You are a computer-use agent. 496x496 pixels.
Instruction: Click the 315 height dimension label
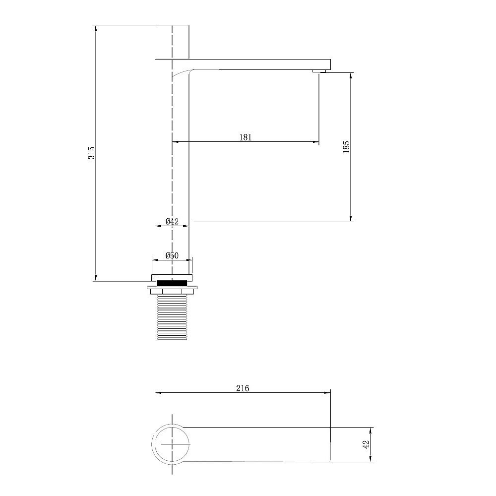click(91, 152)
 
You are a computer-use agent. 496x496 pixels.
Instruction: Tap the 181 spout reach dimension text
click(246, 137)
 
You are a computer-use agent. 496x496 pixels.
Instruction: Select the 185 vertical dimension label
click(346, 147)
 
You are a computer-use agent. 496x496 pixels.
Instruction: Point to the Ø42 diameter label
click(172, 221)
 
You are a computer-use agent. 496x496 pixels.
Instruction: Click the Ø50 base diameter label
click(172, 255)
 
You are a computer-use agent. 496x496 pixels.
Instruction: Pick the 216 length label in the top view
click(243, 388)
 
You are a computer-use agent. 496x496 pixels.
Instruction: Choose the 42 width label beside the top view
click(367, 444)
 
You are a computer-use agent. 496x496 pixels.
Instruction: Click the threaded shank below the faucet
click(172, 317)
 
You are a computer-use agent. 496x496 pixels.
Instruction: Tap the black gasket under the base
click(172, 283)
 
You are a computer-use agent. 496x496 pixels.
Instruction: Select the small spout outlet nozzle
click(319, 71)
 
